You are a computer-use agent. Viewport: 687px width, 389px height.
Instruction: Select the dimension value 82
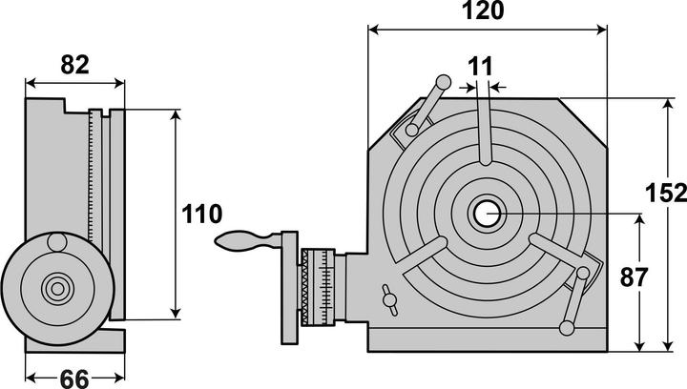pyautogui.click(x=74, y=65)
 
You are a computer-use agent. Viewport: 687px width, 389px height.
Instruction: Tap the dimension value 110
pyautogui.click(x=201, y=215)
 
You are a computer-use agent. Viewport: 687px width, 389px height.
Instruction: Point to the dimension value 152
pyautogui.click(x=666, y=193)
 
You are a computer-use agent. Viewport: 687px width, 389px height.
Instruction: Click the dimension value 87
pyautogui.click(x=634, y=278)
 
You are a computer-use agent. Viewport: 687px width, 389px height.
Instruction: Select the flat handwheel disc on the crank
pyautogui.click(x=289, y=285)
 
